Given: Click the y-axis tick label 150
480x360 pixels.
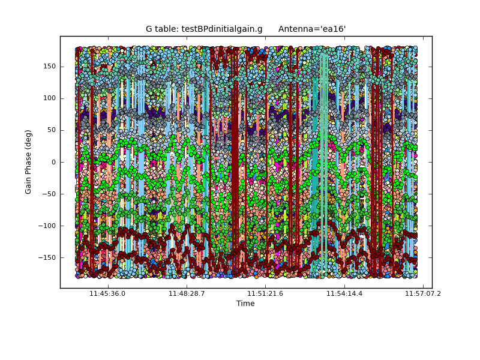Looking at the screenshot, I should [49, 67].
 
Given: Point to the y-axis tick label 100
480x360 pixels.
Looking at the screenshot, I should [49, 98].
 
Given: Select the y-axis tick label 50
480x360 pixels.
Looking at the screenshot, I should [51, 130].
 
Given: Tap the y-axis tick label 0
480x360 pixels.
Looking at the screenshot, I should [53, 162].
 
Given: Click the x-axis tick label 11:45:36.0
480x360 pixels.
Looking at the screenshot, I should [107, 293].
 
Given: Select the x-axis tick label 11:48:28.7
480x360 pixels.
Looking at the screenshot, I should [187, 293].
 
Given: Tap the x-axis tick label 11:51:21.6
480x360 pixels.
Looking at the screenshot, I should [265, 293].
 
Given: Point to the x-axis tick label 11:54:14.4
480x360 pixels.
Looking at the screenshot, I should [344, 293].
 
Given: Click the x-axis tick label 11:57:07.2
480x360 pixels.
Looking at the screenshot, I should [423, 293].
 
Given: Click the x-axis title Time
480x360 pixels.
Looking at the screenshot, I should [245, 304].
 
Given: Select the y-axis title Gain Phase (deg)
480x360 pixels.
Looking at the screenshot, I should [28, 162].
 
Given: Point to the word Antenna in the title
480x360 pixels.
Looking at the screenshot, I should [295, 29].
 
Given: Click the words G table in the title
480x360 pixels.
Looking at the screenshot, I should [160, 29].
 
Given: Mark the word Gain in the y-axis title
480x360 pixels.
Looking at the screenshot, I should [28, 184].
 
